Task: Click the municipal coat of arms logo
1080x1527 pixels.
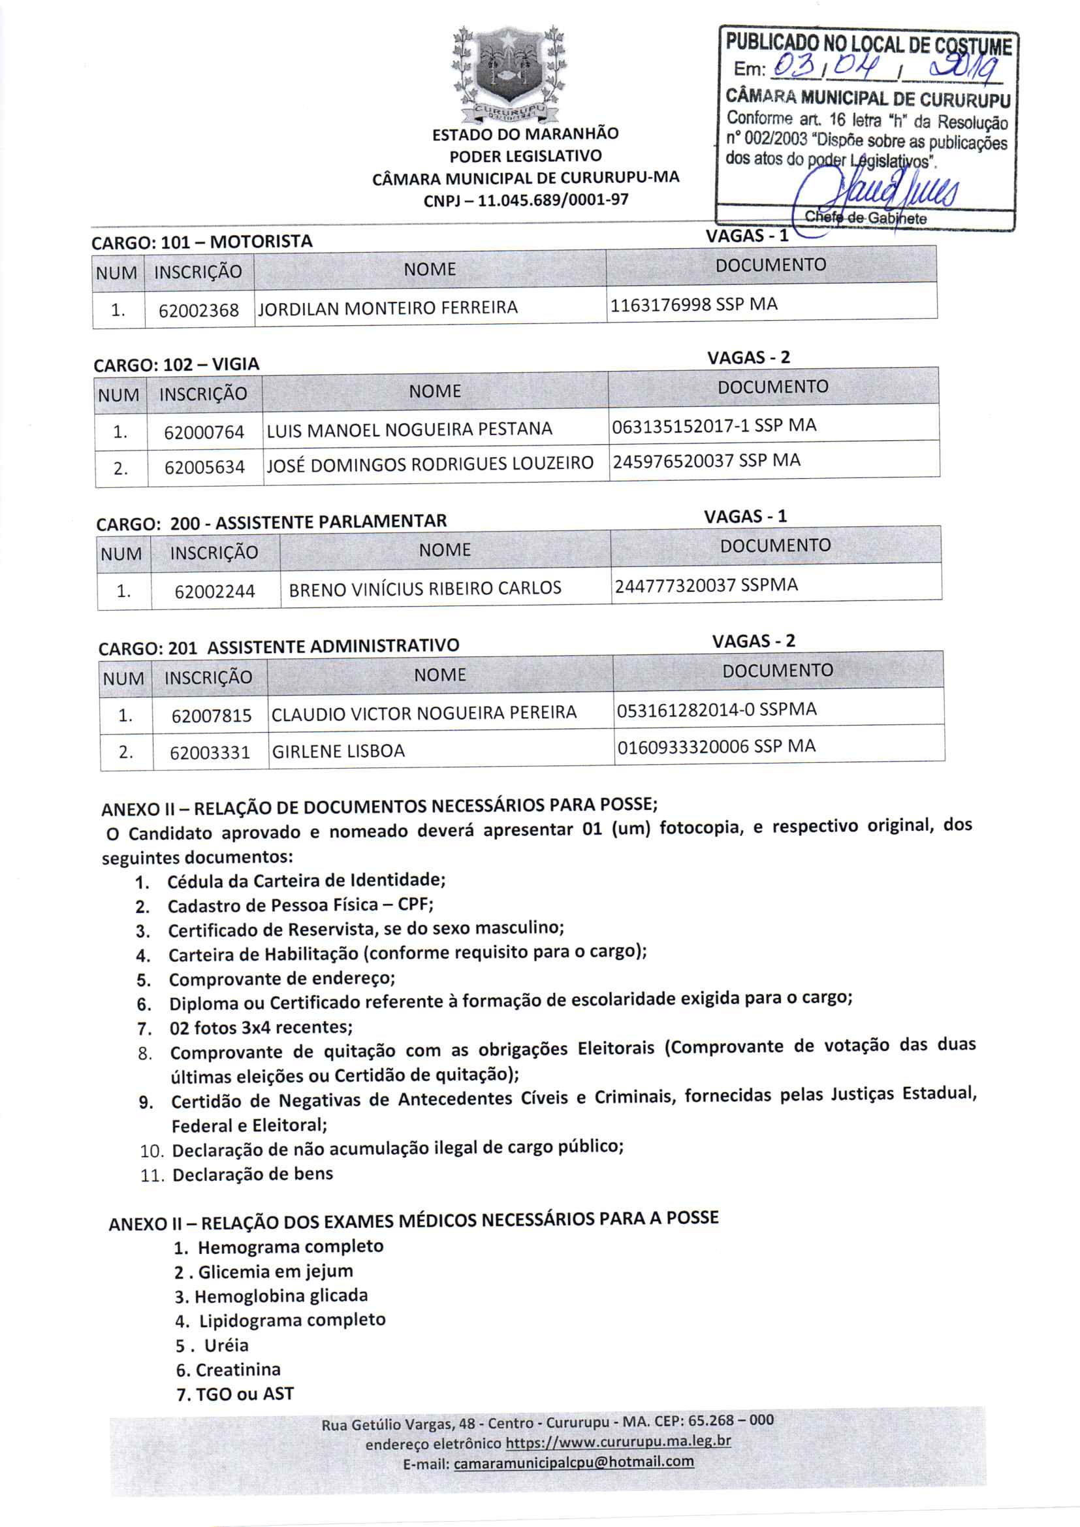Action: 509,73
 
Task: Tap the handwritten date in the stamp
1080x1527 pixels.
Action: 888,67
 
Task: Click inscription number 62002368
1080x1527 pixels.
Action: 199,310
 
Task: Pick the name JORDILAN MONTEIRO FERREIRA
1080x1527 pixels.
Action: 388,308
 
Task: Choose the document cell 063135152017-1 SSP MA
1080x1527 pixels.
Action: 714,425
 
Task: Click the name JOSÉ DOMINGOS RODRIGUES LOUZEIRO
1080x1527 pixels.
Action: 430,464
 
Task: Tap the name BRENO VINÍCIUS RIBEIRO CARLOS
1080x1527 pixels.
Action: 425,588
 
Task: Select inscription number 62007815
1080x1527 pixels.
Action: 211,716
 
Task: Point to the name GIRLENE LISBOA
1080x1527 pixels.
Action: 338,751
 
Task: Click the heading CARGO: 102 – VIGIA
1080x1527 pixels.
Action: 176,364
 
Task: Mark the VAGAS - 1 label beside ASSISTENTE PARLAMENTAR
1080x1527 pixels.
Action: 745,516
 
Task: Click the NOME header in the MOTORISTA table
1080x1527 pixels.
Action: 430,269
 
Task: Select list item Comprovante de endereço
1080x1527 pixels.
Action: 282,979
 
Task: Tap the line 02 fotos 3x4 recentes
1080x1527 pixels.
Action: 261,1027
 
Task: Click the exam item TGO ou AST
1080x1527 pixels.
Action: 244,1393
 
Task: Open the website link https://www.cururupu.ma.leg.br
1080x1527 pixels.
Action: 618,1441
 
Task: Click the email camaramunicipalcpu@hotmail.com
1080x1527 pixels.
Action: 573,1461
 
